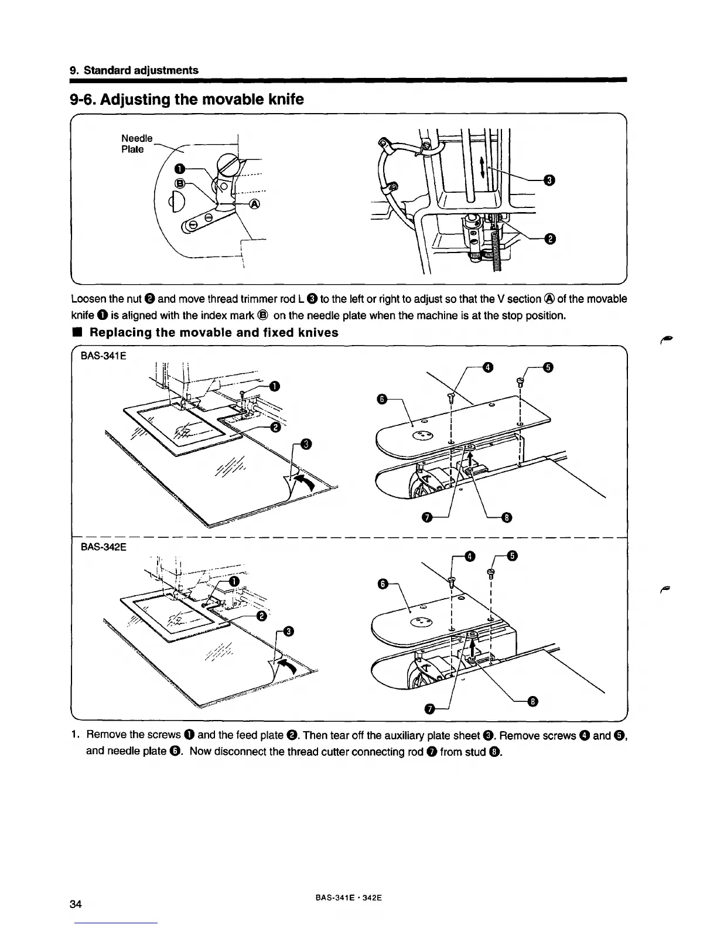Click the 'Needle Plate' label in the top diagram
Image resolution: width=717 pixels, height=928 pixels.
[136, 144]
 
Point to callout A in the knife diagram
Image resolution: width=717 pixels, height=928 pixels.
[255, 204]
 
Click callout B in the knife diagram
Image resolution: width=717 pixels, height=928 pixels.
[180, 183]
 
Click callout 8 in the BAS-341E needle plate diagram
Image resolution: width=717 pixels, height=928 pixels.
[507, 516]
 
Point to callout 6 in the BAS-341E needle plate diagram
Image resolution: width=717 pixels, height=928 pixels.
[381, 399]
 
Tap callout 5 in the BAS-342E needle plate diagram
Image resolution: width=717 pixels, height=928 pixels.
[511, 555]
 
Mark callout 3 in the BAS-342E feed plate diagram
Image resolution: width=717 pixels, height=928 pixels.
[288, 631]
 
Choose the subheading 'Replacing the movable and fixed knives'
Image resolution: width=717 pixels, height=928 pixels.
[213, 333]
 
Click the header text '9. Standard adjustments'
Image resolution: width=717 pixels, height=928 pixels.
[134, 70]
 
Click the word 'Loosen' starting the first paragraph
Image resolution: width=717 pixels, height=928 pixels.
[87, 299]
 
